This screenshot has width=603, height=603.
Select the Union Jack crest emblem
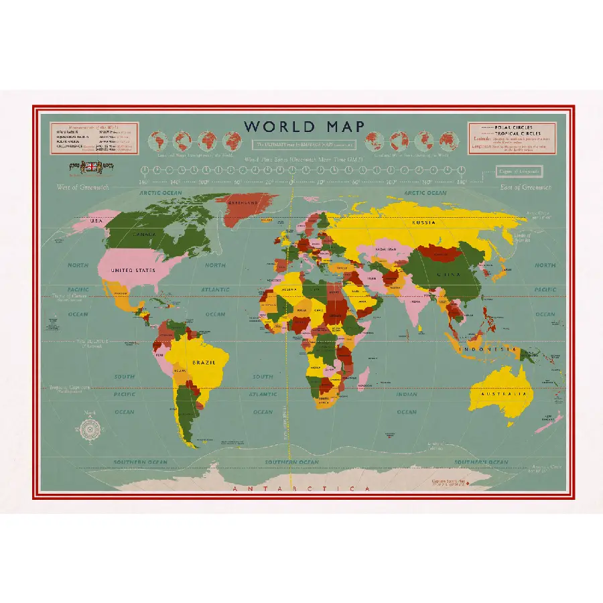coord(90,166)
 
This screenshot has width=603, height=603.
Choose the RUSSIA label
coord(423,222)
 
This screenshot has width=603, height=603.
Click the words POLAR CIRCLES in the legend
coord(513,127)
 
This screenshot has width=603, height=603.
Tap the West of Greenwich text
coord(82,188)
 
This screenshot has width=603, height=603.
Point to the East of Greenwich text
coord(526,188)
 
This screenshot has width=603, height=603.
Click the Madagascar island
coord(364,377)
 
